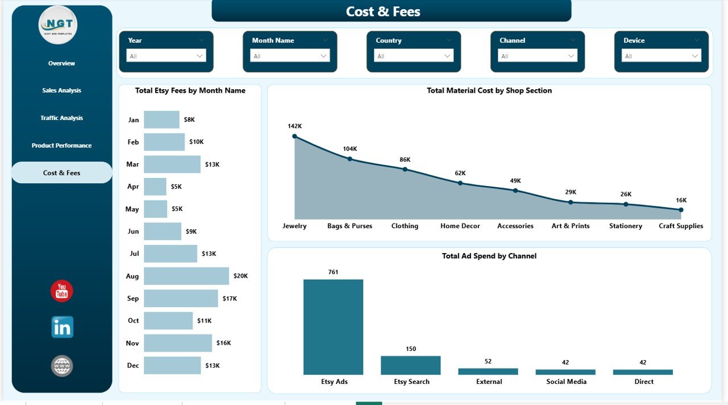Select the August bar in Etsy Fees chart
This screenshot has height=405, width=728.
pos(186,276)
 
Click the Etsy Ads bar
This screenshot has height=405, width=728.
pos(333,327)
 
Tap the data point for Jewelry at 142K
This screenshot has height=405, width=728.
pos(295,137)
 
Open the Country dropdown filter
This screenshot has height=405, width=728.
pos(413,56)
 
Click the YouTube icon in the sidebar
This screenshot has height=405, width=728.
pos(62,291)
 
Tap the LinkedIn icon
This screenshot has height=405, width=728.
pos(62,327)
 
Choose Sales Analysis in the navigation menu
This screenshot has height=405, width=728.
pos(61,90)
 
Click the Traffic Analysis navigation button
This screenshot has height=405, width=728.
pos(61,118)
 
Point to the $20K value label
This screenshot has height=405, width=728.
pos(241,276)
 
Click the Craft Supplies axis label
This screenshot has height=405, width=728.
pos(681,226)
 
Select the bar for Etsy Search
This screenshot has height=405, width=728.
pos(411,365)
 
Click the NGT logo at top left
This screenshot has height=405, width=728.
pos(58,25)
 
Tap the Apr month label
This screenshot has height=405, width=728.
pos(133,187)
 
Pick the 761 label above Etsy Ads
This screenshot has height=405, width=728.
pos(333,272)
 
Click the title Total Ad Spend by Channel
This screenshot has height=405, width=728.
pos(489,256)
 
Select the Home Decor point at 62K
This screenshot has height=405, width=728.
pos(460,183)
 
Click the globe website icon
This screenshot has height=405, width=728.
pos(62,365)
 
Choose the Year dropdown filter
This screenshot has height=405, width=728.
pos(166,56)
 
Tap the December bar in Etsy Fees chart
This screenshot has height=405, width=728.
pos(172,365)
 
